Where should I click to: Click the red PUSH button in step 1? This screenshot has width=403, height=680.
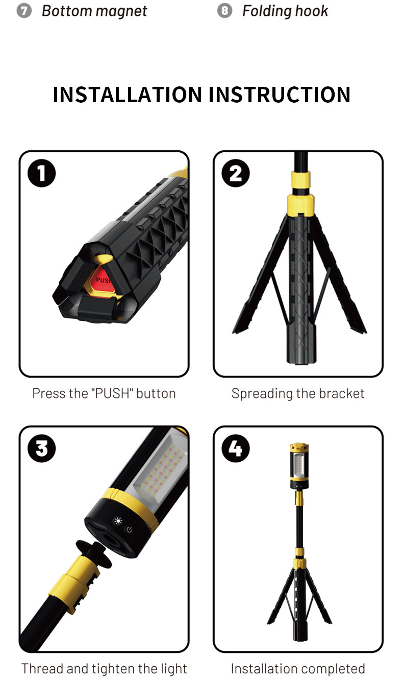point(100,280)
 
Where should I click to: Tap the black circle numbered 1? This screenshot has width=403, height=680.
point(41,173)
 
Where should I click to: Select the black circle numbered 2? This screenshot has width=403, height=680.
point(236,173)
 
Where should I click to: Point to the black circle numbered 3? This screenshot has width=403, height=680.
point(41,449)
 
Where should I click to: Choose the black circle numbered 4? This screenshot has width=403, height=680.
point(236,449)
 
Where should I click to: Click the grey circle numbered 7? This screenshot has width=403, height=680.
point(24,11)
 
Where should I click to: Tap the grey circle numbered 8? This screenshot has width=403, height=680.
point(224,11)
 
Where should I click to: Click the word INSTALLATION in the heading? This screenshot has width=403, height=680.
point(127,95)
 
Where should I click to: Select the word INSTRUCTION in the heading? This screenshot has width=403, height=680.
point(280,95)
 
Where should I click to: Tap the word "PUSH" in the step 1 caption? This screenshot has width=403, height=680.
point(112,393)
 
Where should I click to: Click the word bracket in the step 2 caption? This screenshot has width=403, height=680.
point(341,393)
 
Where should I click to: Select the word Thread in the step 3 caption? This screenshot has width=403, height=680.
point(42,668)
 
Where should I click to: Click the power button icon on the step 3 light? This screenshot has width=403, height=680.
point(130,530)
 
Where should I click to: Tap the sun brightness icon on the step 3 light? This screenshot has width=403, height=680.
point(117,521)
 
